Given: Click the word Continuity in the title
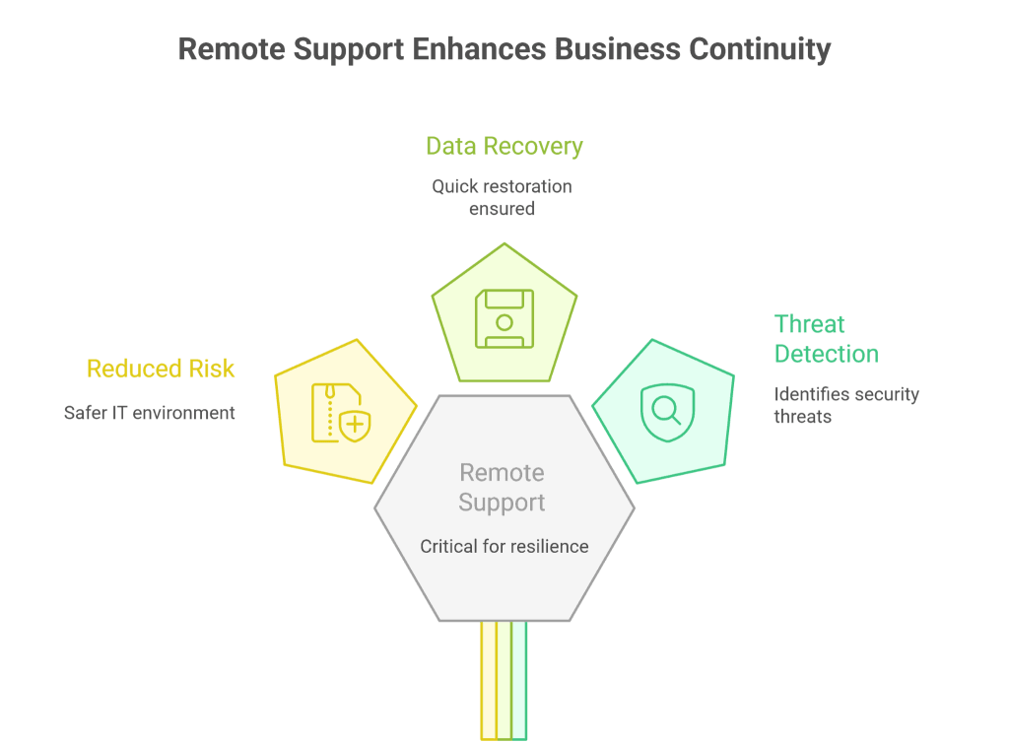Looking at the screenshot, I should tap(759, 49).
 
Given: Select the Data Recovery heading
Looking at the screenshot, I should tap(504, 147).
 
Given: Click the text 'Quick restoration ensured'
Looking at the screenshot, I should tap(503, 197).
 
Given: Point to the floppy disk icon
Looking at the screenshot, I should tap(504, 318).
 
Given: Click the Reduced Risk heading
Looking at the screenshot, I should tap(161, 370).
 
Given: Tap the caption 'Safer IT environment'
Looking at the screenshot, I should tap(150, 413).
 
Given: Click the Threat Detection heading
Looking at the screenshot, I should tap(826, 339).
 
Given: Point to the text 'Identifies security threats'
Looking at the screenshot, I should tap(845, 405).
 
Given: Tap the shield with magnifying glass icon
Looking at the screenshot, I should tap(661, 412).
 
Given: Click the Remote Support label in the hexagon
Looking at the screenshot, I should tap(503, 488).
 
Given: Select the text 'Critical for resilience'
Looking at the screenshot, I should tap(504, 546).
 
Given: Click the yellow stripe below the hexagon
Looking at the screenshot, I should tap(489, 680).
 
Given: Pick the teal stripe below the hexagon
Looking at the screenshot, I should tap(519, 680).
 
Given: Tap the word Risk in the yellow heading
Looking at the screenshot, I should tap(213, 370).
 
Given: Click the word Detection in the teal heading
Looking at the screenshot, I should tap(826, 354).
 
